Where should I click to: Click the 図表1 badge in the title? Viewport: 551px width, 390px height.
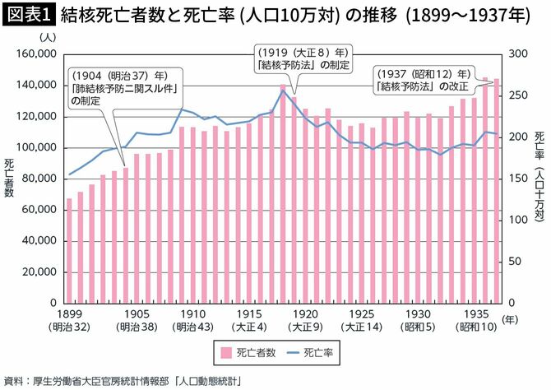[x=28, y=15]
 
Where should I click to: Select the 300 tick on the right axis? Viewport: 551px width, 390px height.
[x=516, y=54]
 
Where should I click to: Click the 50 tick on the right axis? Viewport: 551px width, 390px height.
[x=514, y=261]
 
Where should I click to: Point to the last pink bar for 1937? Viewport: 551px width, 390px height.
[x=496, y=190]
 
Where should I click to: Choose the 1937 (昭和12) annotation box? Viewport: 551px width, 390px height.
[x=424, y=79]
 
